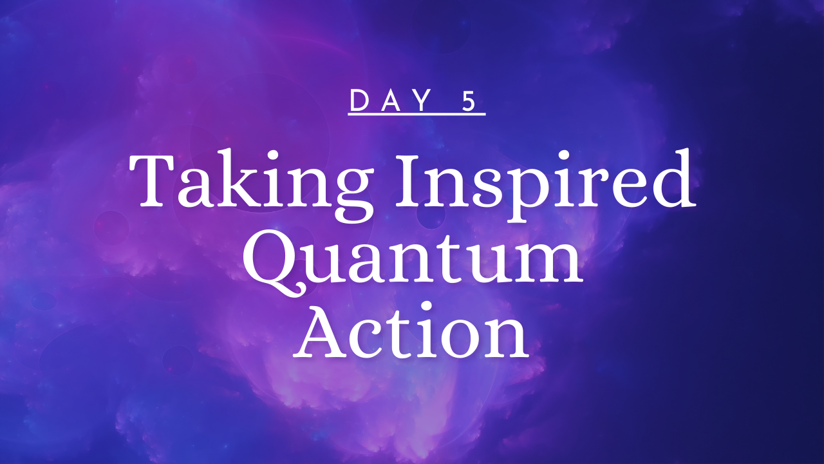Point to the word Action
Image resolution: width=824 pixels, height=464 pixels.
pos(411,329)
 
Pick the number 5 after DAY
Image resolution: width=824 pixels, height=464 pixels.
pos(469,101)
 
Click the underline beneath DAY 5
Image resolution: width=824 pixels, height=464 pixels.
pos(417,114)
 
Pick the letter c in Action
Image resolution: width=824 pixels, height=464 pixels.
pos(372,340)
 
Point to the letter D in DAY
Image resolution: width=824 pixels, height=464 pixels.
pos(359,101)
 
